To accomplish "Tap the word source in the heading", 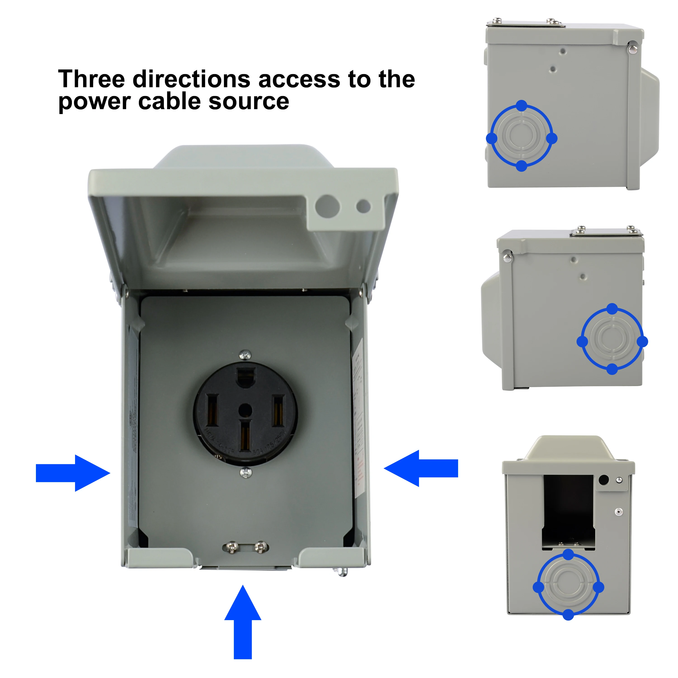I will (249, 101).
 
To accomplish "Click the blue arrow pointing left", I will (421, 468).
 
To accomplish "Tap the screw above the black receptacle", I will (245, 355).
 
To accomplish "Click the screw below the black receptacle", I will (246, 473).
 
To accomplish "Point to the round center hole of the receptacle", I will (245, 410).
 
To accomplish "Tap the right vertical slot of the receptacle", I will (278, 411).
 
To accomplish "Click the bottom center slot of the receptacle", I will (245, 436).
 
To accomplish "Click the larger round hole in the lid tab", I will (328, 206).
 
